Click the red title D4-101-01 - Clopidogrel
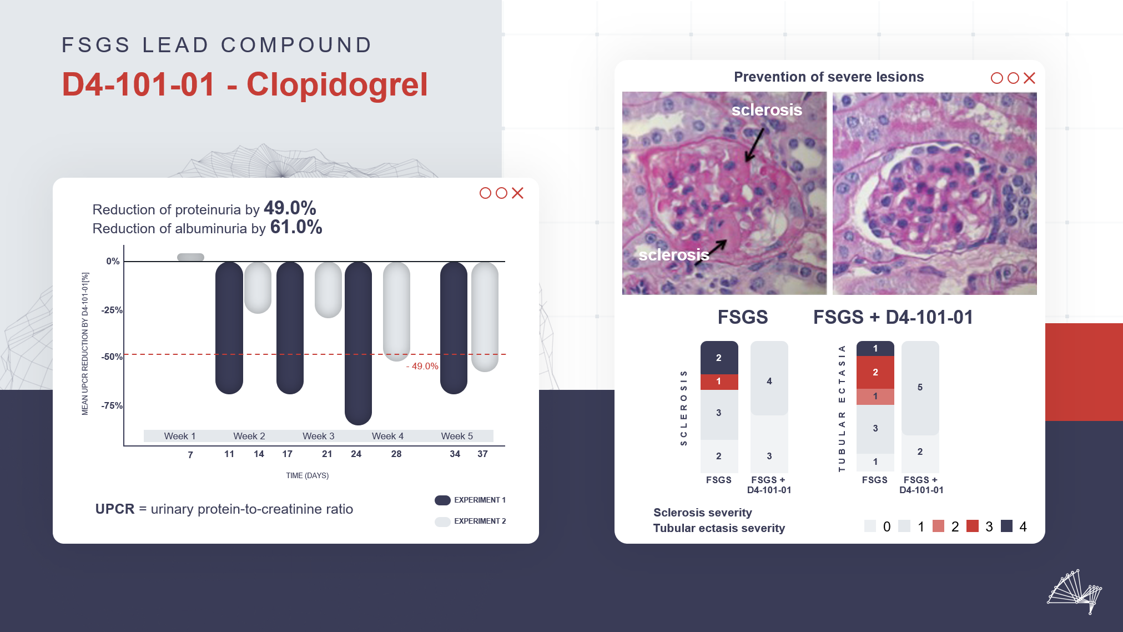point(245,84)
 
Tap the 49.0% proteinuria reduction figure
point(290,208)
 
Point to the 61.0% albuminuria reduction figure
point(296,227)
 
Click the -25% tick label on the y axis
point(112,310)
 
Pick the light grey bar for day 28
point(396,311)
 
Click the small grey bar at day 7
point(190,257)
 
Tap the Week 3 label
point(318,436)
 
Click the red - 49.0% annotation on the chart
point(422,366)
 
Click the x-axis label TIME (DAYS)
point(307,475)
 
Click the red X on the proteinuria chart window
point(517,193)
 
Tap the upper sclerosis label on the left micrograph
point(767,110)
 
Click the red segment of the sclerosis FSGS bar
point(719,382)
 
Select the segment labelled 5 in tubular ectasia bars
point(920,388)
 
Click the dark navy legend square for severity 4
point(1006,526)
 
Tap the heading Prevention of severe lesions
point(829,77)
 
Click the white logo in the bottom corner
point(1075,592)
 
